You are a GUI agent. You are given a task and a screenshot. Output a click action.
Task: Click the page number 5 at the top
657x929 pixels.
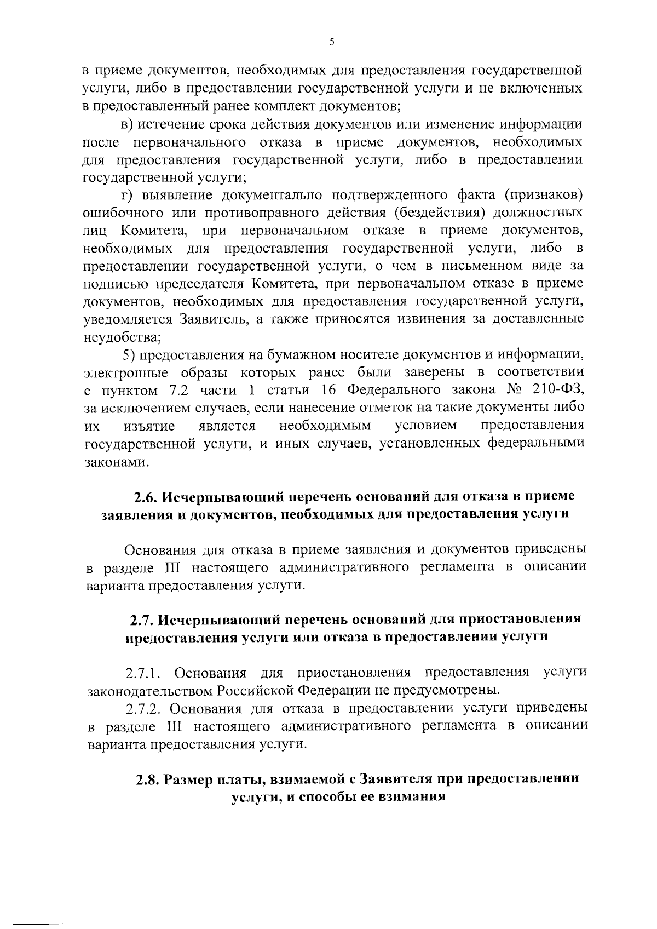[x=332, y=42]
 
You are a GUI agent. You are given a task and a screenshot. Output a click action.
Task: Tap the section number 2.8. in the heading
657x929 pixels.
[x=148, y=779]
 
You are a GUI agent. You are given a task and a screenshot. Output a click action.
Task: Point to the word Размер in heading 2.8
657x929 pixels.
[x=189, y=779]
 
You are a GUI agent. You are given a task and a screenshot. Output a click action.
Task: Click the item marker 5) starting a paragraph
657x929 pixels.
[x=129, y=355]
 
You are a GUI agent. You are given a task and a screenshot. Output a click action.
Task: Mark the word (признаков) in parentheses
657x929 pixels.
[x=541, y=196]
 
